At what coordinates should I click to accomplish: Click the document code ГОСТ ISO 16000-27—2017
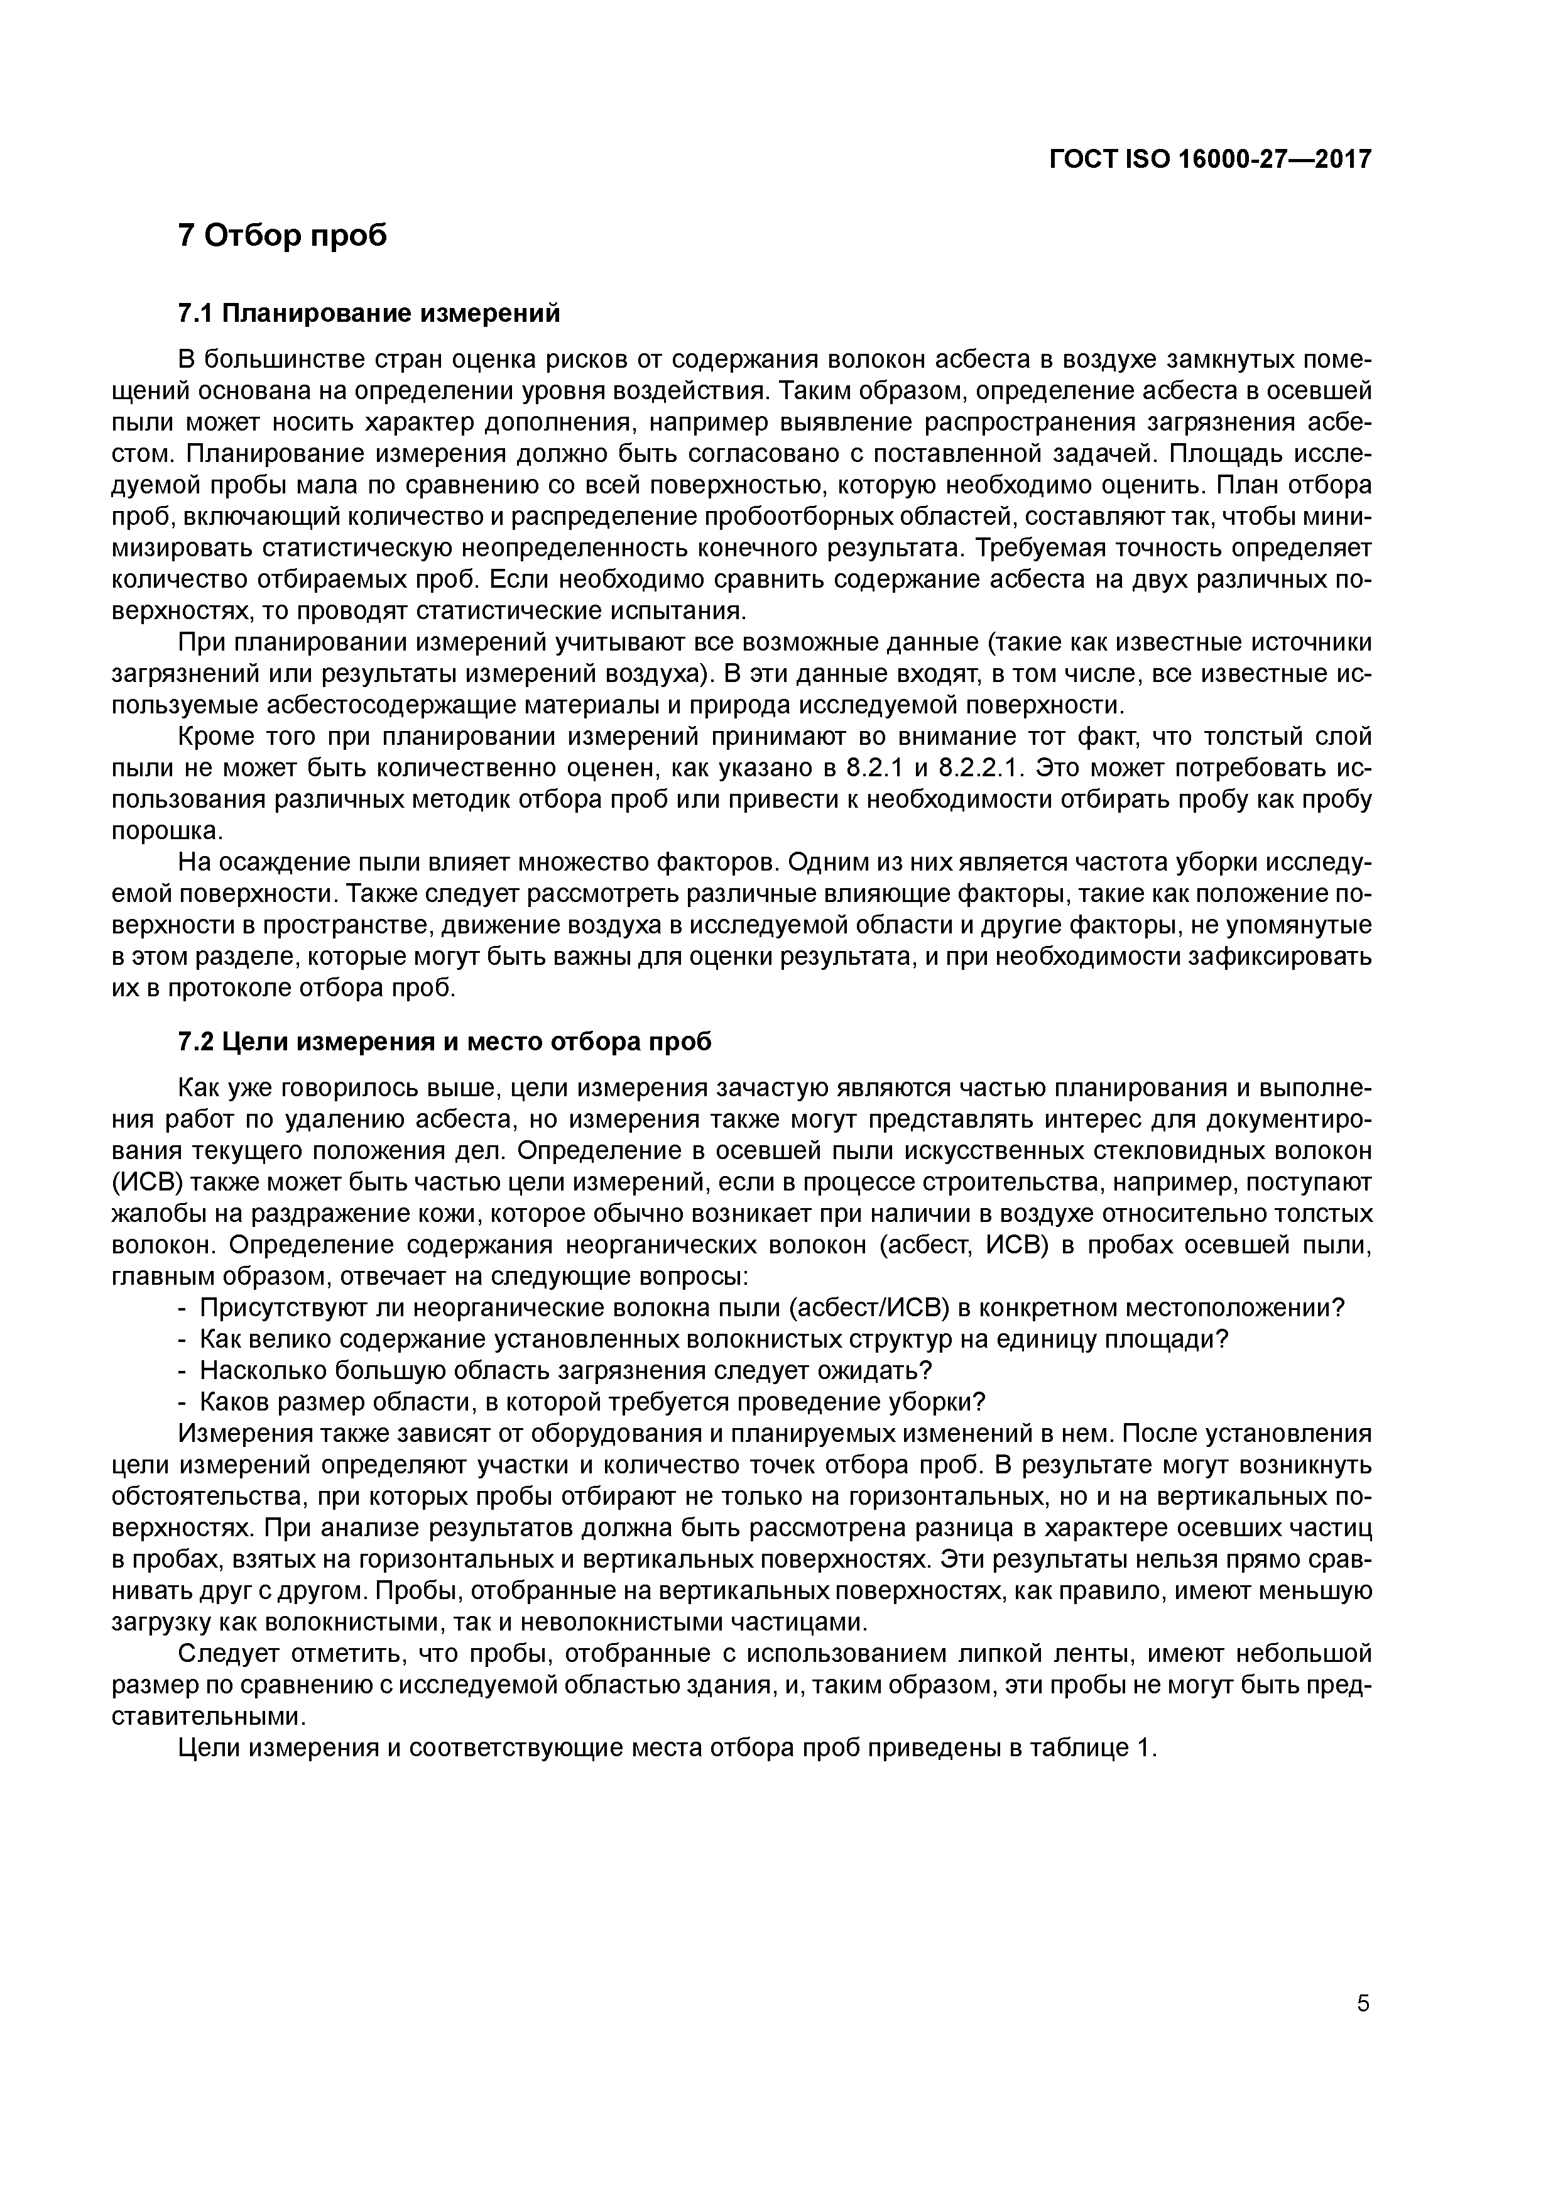1209,160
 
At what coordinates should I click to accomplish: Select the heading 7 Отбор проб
283,235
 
